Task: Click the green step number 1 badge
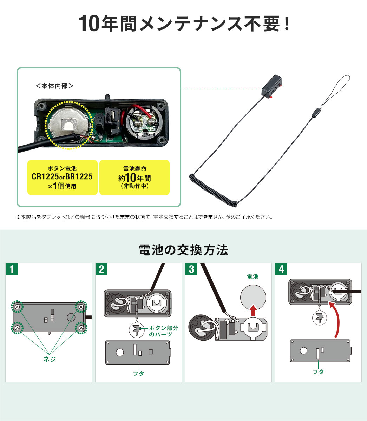(x=12, y=269)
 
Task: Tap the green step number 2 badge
(x=101, y=269)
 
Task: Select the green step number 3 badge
(x=191, y=269)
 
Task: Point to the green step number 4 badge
(x=281, y=269)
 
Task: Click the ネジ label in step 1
(x=50, y=359)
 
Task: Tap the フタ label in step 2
(x=138, y=373)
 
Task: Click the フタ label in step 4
(x=318, y=372)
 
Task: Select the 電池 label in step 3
(x=253, y=276)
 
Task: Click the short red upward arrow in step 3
(x=253, y=310)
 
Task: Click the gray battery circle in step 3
(x=253, y=298)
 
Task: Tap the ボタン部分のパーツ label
(x=164, y=331)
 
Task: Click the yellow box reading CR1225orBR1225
(x=63, y=178)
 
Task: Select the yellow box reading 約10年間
(x=135, y=178)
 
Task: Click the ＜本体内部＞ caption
(x=54, y=86)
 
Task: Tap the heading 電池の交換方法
(x=183, y=250)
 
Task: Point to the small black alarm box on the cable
(x=271, y=86)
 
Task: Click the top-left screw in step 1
(x=17, y=307)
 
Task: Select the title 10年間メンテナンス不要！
(x=184, y=24)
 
